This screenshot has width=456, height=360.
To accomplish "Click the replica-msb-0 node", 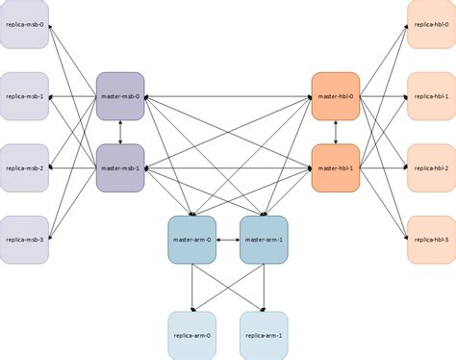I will tap(24, 24).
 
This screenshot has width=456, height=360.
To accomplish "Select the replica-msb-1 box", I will tap(24, 96).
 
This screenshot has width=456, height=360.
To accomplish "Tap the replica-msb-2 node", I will tap(24, 168).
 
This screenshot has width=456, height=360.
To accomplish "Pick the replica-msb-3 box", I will tap(24, 240).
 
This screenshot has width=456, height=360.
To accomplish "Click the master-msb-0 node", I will tap(120, 96).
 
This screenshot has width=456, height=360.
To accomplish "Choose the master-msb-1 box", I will tap(120, 168).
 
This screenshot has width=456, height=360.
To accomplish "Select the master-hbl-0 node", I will tap(335, 96).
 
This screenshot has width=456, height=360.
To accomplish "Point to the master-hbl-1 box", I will tap(335, 168).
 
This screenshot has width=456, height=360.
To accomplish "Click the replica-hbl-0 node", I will tap(431, 24).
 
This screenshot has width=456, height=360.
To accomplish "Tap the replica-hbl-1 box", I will tap(431, 96).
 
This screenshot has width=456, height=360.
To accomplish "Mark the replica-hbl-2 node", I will tap(431, 168).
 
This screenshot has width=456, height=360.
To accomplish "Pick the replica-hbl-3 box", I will tap(431, 240).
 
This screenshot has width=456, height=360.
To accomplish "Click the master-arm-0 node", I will tap(191, 240).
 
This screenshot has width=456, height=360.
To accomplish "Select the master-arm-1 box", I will tap(264, 240).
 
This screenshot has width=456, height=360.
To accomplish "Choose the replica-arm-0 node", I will tap(191, 335).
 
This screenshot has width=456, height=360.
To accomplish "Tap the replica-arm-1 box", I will tap(264, 335).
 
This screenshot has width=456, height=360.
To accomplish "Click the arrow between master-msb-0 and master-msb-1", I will tap(120, 133).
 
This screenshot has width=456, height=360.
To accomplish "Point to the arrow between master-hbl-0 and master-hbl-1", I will tap(335, 133).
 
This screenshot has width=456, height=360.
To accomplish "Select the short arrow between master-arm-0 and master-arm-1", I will tap(228, 240).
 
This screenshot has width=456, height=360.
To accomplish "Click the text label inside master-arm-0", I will tap(191, 240).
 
